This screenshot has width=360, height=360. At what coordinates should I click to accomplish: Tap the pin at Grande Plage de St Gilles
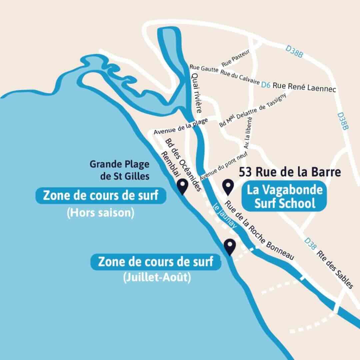(182, 187)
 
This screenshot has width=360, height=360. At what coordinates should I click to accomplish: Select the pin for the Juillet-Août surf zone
(230, 247)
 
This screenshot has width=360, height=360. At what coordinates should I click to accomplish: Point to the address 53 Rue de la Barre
(290, 172)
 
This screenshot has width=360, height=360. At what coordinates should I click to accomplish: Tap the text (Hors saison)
(100, 213)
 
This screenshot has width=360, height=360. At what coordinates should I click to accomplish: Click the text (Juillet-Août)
(157, 277)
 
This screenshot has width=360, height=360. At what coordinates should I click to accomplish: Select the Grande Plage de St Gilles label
(119, 170)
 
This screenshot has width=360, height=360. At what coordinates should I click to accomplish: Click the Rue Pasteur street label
(236, 60)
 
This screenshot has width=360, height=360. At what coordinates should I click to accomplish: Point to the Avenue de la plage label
(181, 126)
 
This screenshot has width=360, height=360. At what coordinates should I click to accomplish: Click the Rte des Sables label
(335, 269)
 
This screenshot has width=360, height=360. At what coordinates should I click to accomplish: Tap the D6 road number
(266, 85)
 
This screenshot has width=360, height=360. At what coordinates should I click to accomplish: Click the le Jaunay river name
(225, 217)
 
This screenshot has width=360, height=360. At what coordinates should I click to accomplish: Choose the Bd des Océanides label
(183, 165)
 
